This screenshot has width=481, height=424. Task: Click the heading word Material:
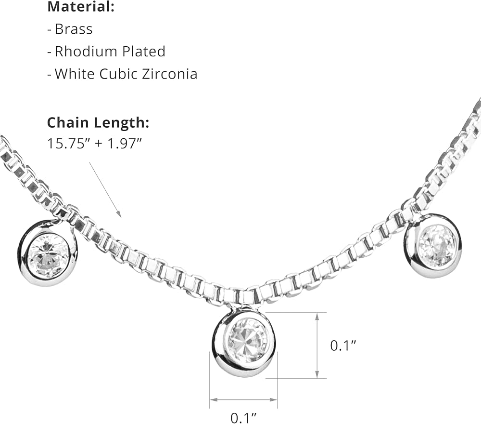click(81, 7)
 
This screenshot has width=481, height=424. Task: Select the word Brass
click(74, 29)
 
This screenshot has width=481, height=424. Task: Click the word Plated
click(144, 51)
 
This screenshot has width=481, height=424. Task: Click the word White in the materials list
click(75, 74)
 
